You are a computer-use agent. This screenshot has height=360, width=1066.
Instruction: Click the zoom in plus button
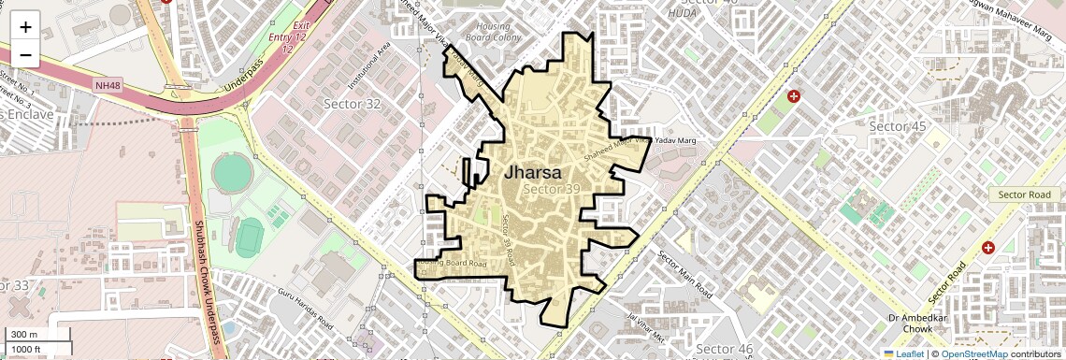point(25,27)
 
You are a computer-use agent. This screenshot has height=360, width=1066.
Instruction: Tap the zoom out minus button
point(25,55)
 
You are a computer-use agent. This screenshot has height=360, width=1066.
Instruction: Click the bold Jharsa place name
point(533,173)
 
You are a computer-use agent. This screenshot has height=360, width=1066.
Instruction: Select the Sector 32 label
point(352,104)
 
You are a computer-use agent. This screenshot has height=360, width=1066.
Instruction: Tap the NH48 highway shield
point(108,85)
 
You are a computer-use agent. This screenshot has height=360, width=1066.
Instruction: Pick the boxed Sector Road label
point(1025,194)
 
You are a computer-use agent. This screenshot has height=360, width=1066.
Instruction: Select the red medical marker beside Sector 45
point(794,96)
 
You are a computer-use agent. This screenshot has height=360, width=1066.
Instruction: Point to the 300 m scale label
point(24,335)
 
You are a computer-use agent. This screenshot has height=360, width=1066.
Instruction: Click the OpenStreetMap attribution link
point(973,353)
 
